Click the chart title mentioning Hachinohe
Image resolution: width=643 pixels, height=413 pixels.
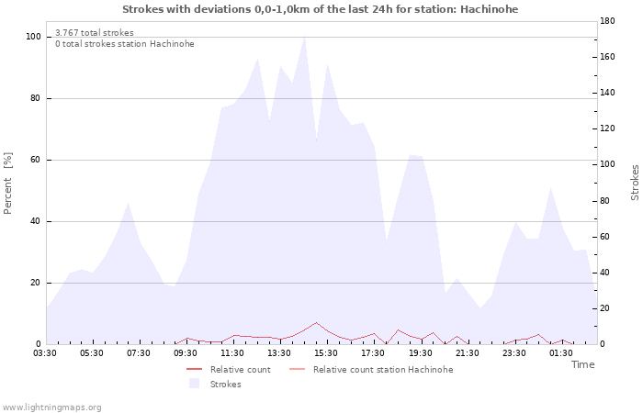click(321, 9)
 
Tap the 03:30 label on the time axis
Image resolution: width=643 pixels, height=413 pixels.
click(45, 353)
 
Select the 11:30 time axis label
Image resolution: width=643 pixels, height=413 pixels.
click(232, 353)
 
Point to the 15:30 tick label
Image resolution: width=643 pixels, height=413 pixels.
click(326, 353)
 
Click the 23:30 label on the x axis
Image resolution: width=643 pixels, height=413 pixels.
click(513, 353)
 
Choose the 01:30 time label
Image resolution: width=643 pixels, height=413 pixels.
click(561, 353)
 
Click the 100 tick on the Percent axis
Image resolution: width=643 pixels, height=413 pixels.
click(33, 37)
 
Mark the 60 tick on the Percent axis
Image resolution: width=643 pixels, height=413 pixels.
click(36, 160)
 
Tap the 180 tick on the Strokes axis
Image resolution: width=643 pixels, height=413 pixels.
click(607, 21)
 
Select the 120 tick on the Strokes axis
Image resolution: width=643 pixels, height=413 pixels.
click(607, 128)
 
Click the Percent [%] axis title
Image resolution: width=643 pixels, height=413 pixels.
click(7, 184)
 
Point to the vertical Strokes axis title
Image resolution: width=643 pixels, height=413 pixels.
click(635, 183)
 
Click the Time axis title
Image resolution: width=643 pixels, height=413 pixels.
click(582, 364)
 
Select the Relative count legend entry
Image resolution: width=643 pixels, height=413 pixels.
click(229, 370)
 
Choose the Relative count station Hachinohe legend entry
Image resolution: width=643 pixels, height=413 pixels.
click(371, 370)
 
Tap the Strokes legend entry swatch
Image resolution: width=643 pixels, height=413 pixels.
click(194, 384)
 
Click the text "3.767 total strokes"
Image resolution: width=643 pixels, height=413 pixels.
click(95, 33)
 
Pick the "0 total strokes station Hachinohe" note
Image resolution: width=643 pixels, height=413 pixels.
click(125, 44)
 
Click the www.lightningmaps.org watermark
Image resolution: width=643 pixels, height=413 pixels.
click(51, 407)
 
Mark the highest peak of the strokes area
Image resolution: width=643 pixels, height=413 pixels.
click(304, 38)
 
